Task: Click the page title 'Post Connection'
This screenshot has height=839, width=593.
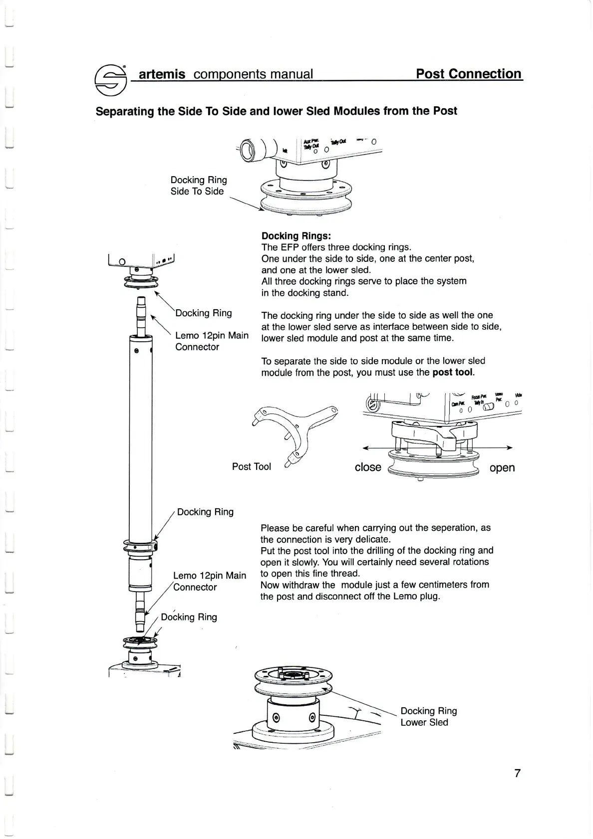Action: tap(469, 74)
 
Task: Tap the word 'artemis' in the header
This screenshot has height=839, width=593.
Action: tap(162, 74)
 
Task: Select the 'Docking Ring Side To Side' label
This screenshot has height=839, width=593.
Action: tap(198, 186)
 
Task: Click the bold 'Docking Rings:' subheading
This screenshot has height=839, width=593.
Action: tap(296, 236)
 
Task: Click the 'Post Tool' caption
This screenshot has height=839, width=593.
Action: tap(251, 466)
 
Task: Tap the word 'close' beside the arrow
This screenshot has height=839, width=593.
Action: tap(368, 467)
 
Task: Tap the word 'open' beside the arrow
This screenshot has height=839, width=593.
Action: tap(502, 467)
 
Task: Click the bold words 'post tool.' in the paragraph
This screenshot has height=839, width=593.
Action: tap(453, 372)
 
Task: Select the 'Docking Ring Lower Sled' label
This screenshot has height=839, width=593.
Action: tap(428, 716)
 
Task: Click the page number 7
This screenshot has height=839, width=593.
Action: tap(517, 773)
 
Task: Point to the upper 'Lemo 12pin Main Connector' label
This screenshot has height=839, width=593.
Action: tap(212, 341)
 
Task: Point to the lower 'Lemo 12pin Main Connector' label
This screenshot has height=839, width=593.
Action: tap(209, 581)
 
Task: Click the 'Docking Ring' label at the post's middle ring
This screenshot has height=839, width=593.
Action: tap(205, 512)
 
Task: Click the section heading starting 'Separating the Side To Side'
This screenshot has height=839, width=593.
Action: tap(276, 111)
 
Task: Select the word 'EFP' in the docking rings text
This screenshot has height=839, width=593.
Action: tap(290, 247)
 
